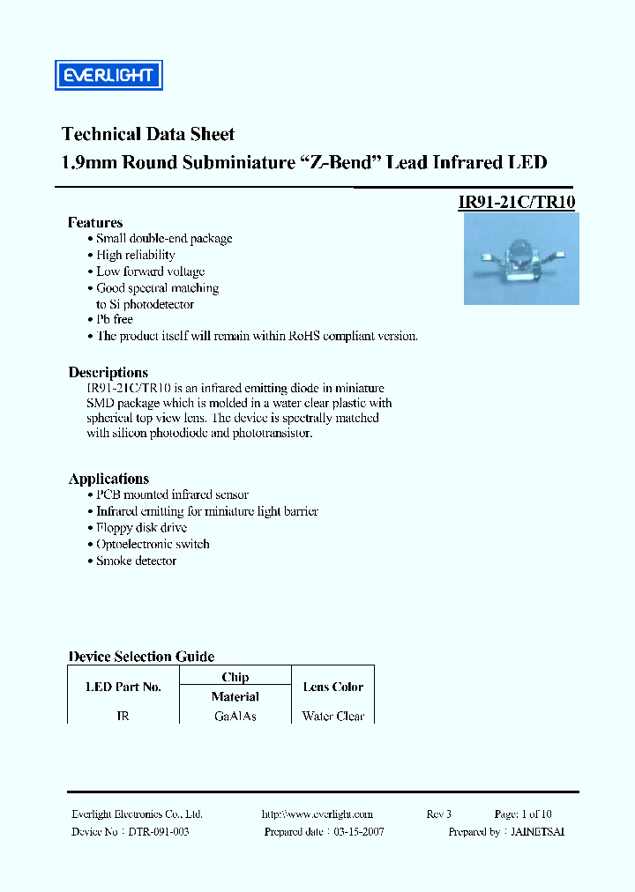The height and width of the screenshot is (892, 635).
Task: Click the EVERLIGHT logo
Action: tap(108, 75)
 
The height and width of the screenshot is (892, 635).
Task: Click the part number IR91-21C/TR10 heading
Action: tap(517, 201)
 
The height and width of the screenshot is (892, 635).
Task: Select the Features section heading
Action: tap(95, 222)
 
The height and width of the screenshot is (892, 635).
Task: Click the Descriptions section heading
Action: tap(108, 372)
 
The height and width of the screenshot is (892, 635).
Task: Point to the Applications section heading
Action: tap(108, 479)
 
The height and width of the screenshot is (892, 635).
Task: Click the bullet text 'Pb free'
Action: tap(115, 319)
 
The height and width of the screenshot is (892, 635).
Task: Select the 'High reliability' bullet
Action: tap(136, 255)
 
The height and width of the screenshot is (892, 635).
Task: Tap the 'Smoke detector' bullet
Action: tap(136, 561)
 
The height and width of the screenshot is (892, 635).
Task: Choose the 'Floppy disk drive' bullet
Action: tap(141, 527)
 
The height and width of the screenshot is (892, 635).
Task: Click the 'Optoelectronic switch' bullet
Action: tap(153, 544)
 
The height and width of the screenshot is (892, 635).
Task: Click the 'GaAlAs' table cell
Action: tap(235, 717)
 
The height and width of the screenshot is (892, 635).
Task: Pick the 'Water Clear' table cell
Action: tap(332, 717)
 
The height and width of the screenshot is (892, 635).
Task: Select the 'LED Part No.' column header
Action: tap(123, 687)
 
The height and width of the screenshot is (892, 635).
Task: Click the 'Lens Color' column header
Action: tap(332, 687)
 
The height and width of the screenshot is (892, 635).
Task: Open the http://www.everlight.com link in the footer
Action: tap(317, 814)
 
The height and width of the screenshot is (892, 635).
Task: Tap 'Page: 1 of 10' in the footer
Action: tap(523, 814)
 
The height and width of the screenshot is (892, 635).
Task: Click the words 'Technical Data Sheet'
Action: tap(148, 134)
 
